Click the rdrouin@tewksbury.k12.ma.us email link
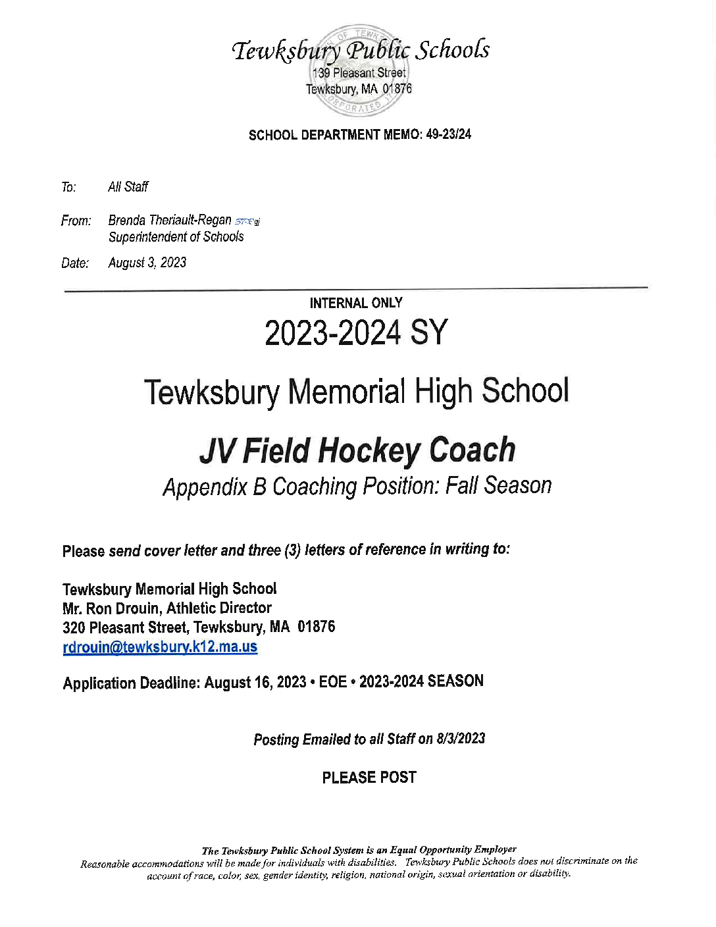coord(160,647)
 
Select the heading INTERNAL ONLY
coord(356,303)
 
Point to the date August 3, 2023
coord(147,263)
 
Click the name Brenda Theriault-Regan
coord(170,220)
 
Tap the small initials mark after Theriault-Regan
coord(247,222)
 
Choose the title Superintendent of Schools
coord(176,237)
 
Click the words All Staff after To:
coord(128,187)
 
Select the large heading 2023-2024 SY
coord(356,333)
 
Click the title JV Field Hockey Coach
coord(357,451)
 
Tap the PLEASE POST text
coord(369,778)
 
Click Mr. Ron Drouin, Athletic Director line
coord(167,608)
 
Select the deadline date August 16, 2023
coord(255,682)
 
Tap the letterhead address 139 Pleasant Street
coord(359,73)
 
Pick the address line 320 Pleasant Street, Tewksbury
coord(199,627)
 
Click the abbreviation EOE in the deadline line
coord(333,681)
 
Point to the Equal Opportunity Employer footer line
coord(359,850)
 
